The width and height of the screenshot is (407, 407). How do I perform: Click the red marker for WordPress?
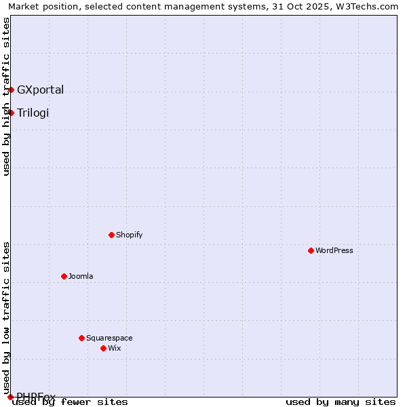click(x=311, y=250)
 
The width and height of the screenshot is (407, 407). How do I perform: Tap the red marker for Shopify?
click(x=111, y=235)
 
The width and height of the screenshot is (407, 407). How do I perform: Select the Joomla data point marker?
click(x=64, y=276)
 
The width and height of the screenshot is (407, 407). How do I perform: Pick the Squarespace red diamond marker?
click(x=81, y=338)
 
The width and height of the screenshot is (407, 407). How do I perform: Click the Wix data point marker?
click(x=103, y=348)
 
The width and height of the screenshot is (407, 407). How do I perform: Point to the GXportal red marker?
click(x=11, y=90)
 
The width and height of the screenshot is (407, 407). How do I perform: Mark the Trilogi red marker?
click(x=11, y=113)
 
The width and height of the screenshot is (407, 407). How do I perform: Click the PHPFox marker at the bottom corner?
click(x=10, y=397)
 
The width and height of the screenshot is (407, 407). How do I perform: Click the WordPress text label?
click(x=334, y=250)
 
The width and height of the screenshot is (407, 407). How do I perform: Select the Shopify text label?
click(x=129, y=235)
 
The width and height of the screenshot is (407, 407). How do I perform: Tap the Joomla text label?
click(x=81, y=276)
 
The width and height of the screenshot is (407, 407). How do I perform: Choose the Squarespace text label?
click(x=109, y=338)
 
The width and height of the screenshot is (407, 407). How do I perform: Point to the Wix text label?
click(x=114, y=348)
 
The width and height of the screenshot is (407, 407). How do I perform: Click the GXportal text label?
click(x=41, y=90)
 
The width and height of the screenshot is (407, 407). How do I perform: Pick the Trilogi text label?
click(x=33, y=113)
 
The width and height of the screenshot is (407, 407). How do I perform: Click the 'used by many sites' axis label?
click(x=341, y=402)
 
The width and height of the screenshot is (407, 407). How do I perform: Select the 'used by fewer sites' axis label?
click(x=71, y=402)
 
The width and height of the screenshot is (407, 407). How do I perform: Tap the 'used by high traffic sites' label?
click(x=6, y=96)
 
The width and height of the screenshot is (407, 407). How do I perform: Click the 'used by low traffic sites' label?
click(x=6, y=313)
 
